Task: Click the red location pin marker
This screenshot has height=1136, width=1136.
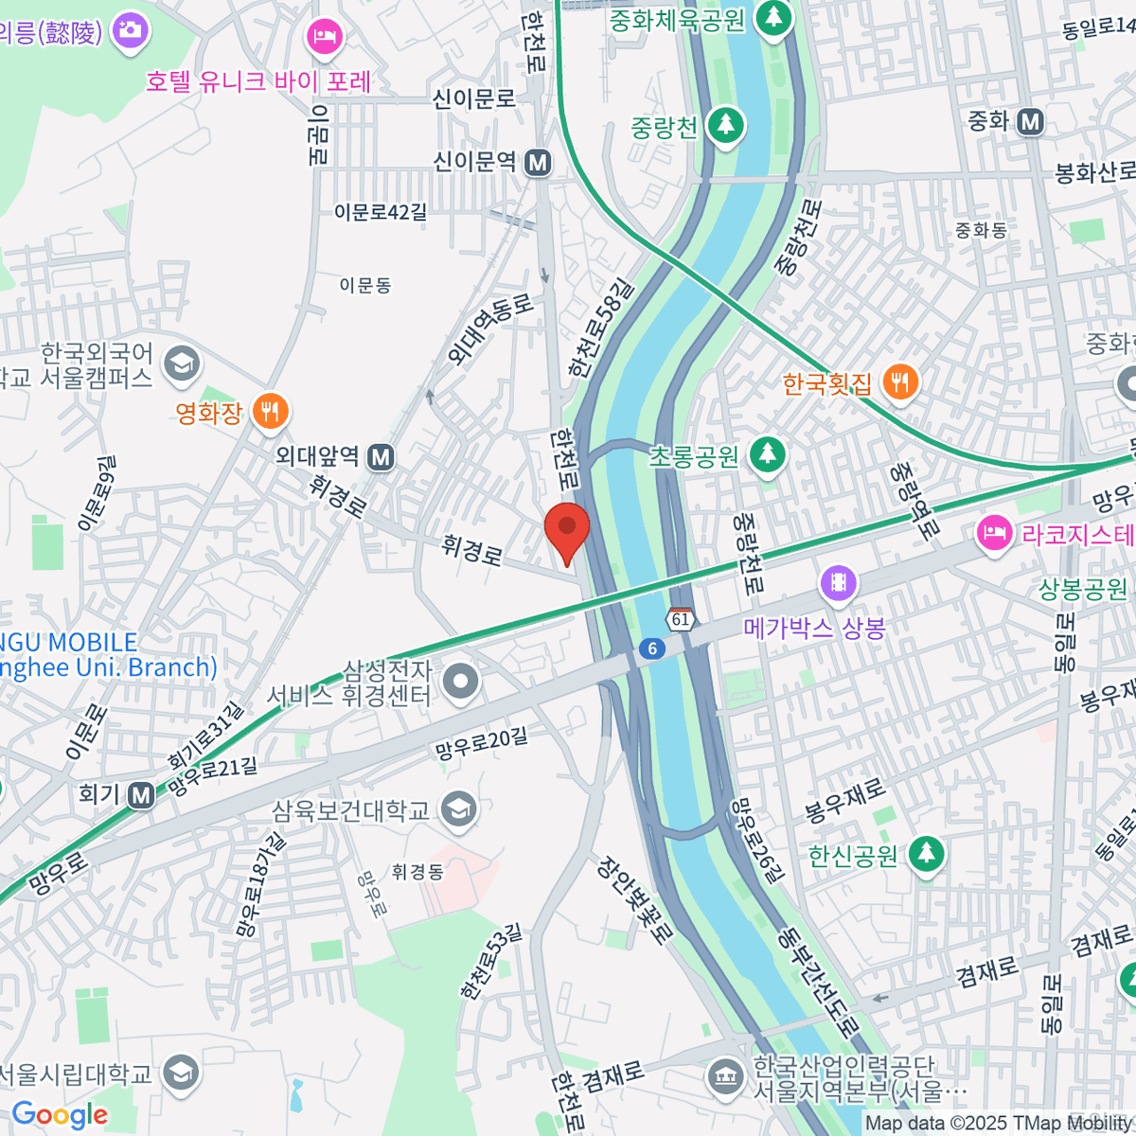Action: tap(567, 530)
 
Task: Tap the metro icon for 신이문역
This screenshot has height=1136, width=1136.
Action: tap(538, 163)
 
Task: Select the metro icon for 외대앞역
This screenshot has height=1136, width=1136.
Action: tap(381, 458)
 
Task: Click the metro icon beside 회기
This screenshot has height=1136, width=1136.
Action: tap(142, 795)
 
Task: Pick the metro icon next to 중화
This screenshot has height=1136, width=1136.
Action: tap(1030, 122)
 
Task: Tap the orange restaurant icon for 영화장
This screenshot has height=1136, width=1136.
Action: tap(271, 413)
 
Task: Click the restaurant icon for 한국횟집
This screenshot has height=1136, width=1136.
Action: tap(899, 383)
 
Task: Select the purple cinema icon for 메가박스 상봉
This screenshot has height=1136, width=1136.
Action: tap(839, 583)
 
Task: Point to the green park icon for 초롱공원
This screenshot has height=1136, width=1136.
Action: tap(767, 455)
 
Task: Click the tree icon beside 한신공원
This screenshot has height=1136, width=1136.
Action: tap(926, 855)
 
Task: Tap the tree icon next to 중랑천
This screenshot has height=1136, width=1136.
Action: tap(726, 126)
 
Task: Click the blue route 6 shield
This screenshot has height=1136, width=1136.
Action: tap(651, 648)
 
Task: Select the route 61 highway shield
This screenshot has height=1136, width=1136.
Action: tap(681, 619)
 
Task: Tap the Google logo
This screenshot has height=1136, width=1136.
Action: tap(60, 1115)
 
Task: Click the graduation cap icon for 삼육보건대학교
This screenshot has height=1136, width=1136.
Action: tap(459, 809)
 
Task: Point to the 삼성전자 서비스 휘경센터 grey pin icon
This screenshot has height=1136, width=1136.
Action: tap(461, 682)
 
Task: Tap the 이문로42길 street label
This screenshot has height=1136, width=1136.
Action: tap(381, 212)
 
